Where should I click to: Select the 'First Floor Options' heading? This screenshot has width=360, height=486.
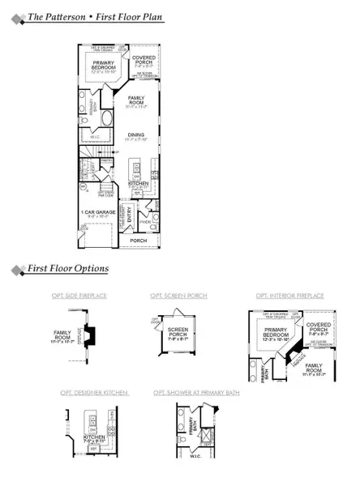pyautogui.click(x=68, y=268)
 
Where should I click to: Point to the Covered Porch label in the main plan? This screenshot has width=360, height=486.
pyautogui.click(x=144, y=62)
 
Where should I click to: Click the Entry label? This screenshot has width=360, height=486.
pyautogui.click(x=129, y=212)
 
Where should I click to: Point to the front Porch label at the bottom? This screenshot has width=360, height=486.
pyautogui.click(x=139, y=240)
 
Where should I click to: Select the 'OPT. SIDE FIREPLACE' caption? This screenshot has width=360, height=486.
pyautogui.click(x=83, y=297)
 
